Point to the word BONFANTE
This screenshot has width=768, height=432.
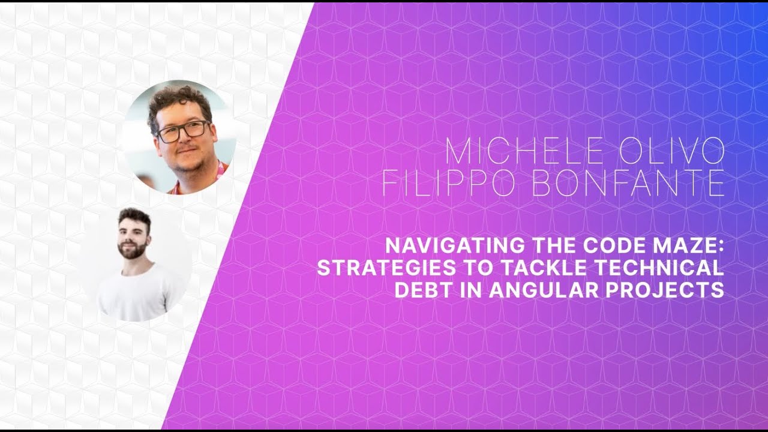coord(628,184)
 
